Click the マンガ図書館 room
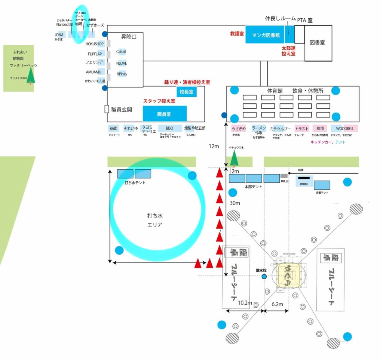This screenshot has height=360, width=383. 265,35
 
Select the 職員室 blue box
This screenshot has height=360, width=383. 164,113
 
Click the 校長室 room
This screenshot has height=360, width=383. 186,92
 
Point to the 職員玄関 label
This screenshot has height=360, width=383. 122,110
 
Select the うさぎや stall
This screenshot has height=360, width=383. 239,128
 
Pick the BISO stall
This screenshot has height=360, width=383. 169,128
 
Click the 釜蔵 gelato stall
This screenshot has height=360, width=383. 114,128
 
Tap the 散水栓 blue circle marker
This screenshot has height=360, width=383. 264,277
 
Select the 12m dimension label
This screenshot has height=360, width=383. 214,146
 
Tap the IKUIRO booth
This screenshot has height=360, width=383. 303,180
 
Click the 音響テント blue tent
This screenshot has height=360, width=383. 322,185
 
